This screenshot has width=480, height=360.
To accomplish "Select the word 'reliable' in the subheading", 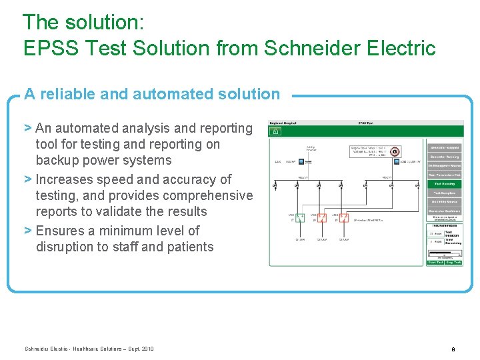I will [x=67, y=94].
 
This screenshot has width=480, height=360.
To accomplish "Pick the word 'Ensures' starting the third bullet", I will [x=61, y=231].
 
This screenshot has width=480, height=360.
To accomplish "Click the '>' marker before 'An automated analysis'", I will [x=28, y=128].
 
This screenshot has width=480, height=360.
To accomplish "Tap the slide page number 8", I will [x=453, y=349].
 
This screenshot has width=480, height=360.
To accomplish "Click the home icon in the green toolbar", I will [x=273, y=131].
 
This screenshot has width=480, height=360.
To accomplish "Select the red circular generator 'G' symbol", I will [x=395, y=152].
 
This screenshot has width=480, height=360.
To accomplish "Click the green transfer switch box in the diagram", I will [x=300, y=217].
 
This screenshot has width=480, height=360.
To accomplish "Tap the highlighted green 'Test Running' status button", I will [x=444, y=183].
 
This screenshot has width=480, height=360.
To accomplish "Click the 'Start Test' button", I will [x=435, y=262].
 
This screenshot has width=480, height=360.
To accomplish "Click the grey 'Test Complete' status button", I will [x=444, y=193].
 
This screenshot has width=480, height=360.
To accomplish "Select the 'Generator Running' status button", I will [x=444, y=156].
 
